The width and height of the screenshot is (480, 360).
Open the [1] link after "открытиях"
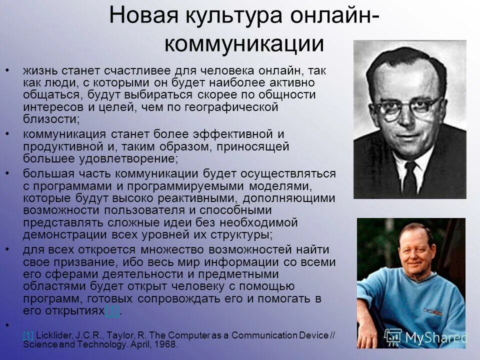point(111,311)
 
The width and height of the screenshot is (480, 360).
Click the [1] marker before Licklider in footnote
point(28,335)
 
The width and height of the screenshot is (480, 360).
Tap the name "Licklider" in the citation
point(53,335)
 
